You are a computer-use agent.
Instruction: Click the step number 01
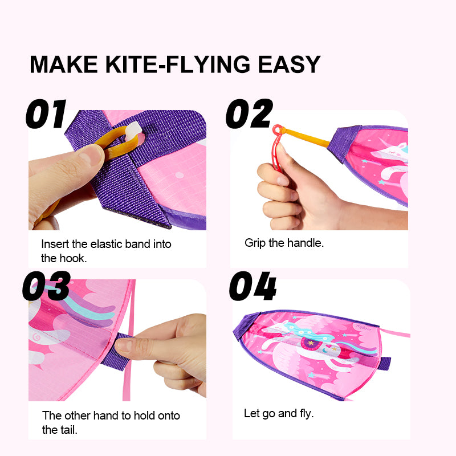point(46,113)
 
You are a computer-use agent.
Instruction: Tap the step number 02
point(249,113)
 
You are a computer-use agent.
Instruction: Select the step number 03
point(47,286)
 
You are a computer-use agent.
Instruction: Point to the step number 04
point(253,286)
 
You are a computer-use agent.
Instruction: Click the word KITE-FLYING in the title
point(178,64)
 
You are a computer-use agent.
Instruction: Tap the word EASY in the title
point(289,64)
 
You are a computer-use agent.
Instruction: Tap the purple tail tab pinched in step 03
point(116,353)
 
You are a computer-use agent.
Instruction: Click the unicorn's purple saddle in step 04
point(311,344)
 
